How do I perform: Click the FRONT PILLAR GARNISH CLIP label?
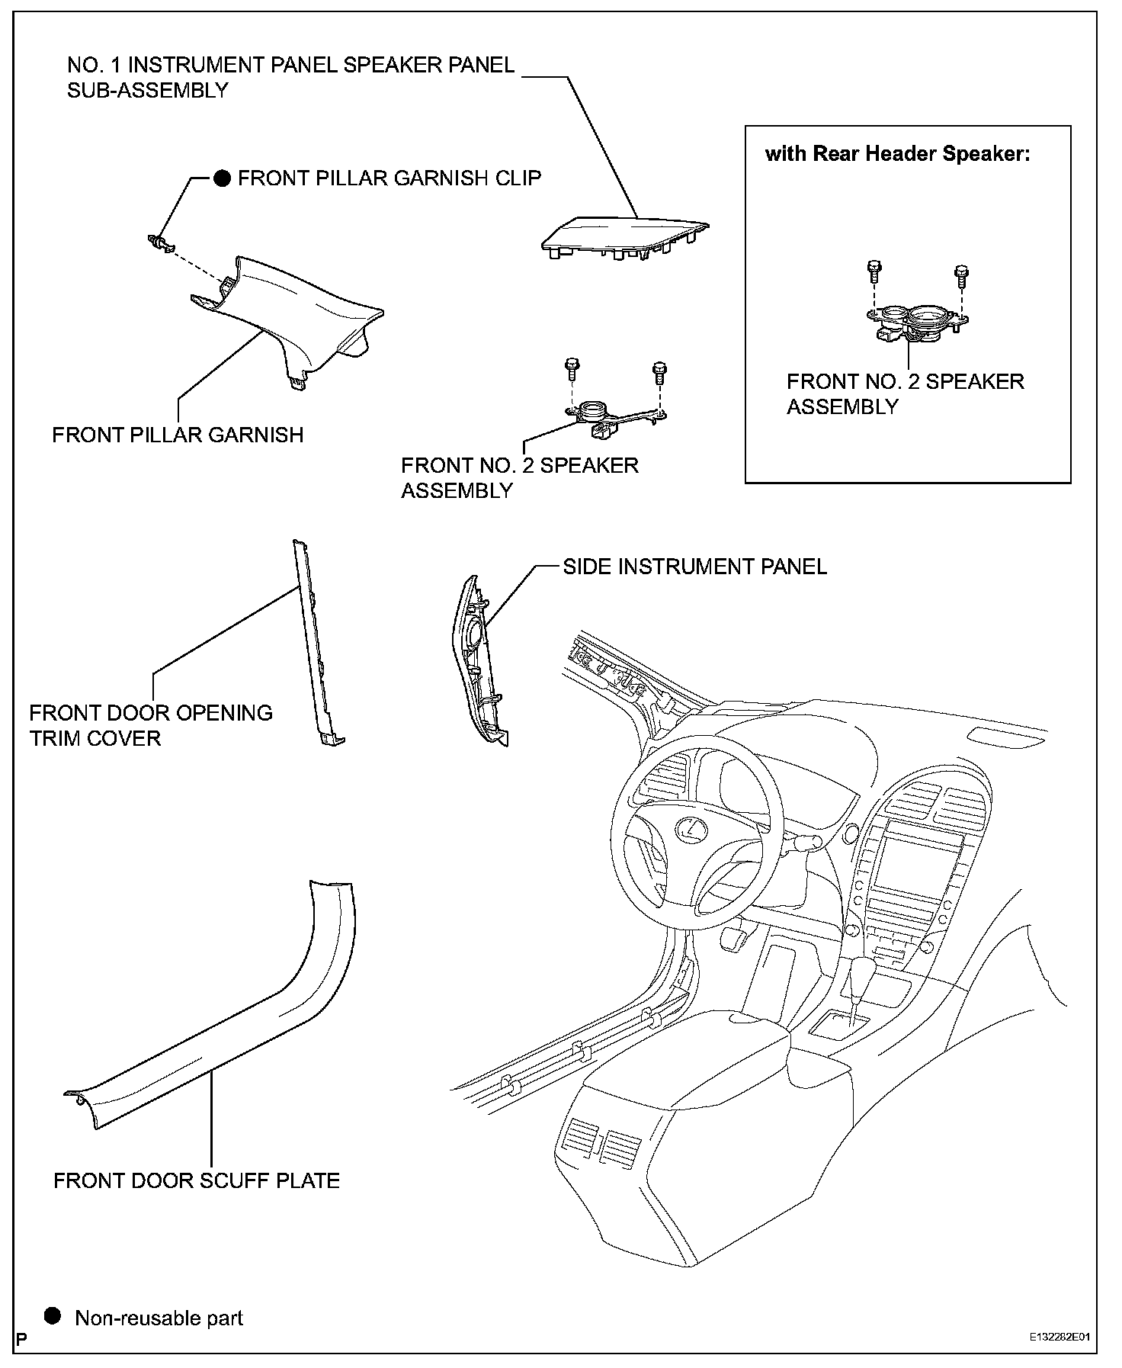(x=389, y=178)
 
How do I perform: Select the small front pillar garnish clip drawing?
(x=160, y=242)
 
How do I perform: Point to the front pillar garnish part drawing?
(x=290, y=320)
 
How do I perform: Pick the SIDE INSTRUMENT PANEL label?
(x=694, y=567)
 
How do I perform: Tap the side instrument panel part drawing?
(x=477, y=660)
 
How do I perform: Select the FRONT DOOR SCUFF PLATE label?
(x=197, y=1181)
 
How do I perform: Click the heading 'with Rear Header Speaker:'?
(x=898, y=154)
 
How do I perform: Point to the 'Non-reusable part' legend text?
(x=159, y=1318)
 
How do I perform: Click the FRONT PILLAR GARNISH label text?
(x=178, y=435)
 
